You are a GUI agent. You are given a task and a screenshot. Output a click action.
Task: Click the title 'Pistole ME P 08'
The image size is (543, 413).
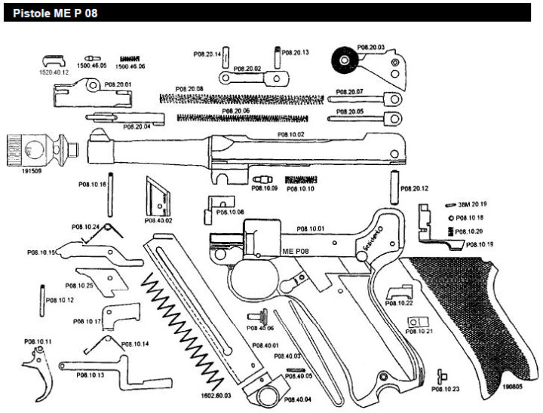click(50, 13)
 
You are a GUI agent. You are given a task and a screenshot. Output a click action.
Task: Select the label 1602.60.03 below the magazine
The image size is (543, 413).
click(216, 393)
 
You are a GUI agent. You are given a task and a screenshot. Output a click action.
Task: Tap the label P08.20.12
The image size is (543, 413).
click(416, 188)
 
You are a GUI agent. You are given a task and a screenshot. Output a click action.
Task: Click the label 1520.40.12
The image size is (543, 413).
click(54, 72)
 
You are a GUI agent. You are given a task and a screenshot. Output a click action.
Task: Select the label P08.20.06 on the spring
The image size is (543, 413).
click(235, 111)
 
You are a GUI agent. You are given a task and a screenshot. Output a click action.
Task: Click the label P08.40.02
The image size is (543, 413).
click(158, 220)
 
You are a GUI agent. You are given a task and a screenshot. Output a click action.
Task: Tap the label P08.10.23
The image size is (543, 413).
click(446, 389)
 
